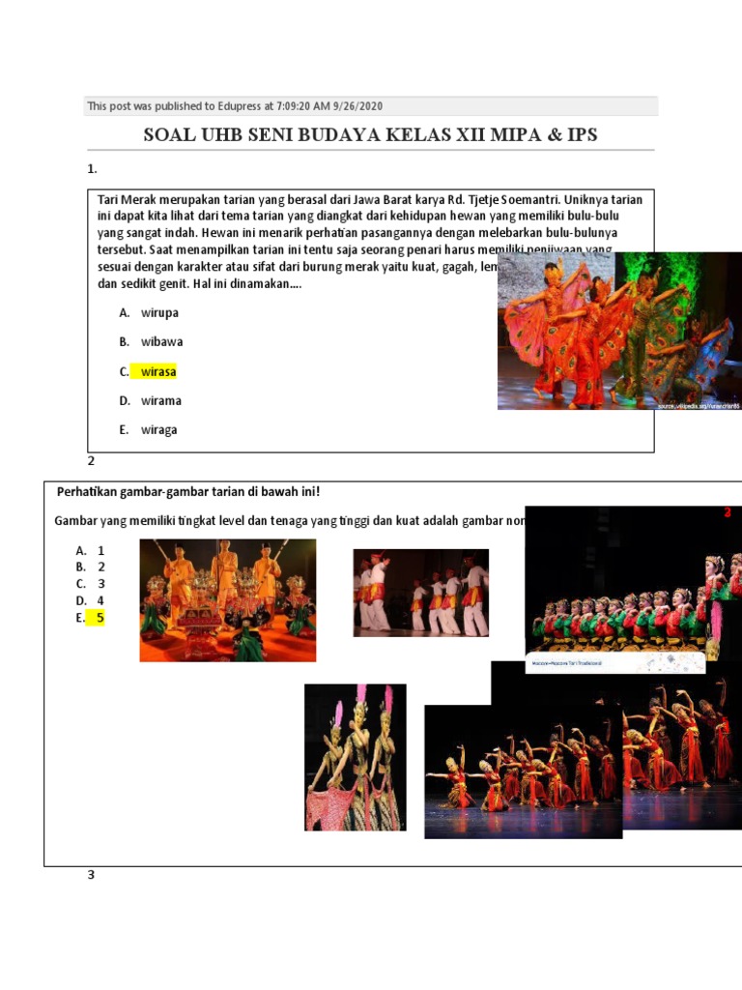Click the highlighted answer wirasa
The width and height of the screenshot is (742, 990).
tap(158, 371)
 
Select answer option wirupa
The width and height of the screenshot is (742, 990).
tap(159, 312)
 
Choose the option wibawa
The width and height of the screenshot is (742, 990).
tap(161, 341)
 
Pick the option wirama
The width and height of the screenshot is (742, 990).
tap(161, 400)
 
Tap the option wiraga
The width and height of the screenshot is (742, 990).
tap(159, 430)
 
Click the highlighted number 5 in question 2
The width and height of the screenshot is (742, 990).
tap(100, 619)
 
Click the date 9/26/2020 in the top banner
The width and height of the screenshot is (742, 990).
tap(370, 106)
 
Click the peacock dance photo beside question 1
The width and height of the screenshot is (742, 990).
tap(619, 331)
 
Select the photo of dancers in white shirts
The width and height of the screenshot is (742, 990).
tap(420, 593)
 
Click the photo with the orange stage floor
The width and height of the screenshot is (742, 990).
tap(227, 600)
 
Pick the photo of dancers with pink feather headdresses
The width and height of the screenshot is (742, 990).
tap(355, 757)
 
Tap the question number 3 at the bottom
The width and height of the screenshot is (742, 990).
tap(92, 876)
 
